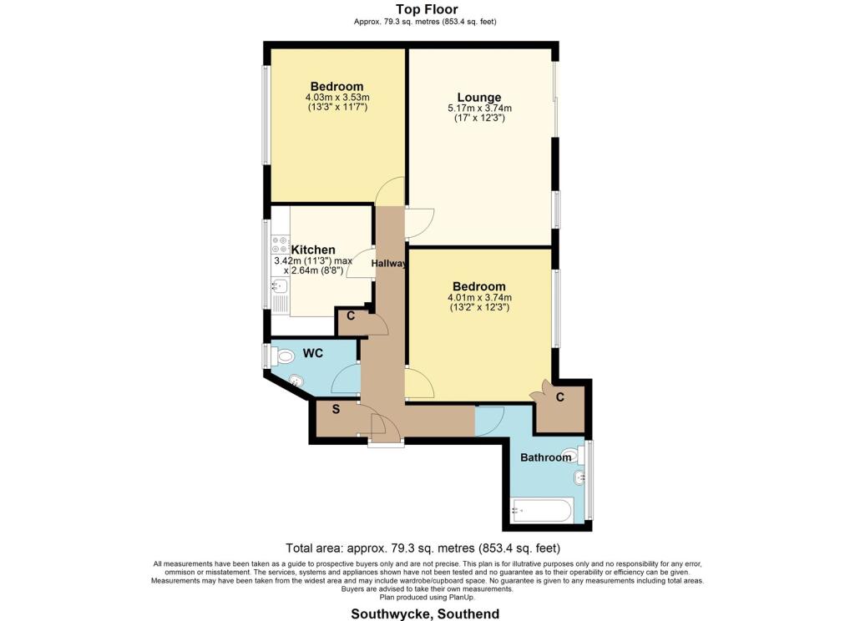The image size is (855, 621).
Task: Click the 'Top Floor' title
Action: (x=427, y=9)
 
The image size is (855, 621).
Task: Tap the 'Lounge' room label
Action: (x=479, y=97)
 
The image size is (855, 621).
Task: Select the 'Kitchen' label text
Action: (x=313, y=250)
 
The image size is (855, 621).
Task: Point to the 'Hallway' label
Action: (x=389, y=264)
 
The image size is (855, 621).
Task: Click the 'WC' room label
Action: (x=312, y=354)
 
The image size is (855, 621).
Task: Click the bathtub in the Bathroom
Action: (x=541, y=508)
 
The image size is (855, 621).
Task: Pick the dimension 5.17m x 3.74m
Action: (x=479, y=109)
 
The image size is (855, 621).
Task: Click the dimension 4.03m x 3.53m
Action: (x=336, y=98)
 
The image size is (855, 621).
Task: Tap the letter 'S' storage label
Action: (x=336, y=409)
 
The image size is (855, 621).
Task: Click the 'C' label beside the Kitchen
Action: (x=351, y=316)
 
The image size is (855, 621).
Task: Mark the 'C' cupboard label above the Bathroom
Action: (x=560, y=397)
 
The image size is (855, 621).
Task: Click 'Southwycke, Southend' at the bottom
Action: (x=427, y=613)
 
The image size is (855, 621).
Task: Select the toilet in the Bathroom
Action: (x=570, y=457)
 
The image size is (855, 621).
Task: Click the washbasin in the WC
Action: (x=295, y=381)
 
